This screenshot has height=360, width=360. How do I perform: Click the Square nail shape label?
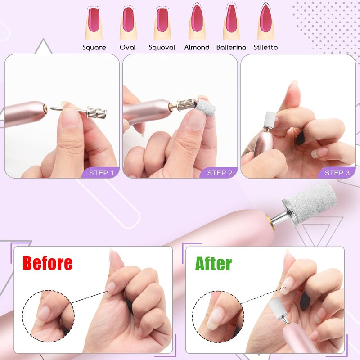(x=94, y=48)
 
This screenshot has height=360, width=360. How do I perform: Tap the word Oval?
(x=128, y=48)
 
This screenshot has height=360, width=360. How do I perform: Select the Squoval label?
(x=162, y=48)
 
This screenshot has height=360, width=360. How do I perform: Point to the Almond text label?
(x=197, y=48)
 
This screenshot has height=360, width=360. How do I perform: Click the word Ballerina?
(x=231, y=48)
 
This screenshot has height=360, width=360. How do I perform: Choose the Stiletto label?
(x=265, y=48)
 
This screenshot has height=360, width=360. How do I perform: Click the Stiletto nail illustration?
(x=266, y=22)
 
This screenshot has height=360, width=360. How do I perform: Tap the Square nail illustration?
(x=94, y=23)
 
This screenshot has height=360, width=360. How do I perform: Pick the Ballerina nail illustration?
(x=231, y=22)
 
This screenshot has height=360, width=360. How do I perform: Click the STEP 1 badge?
(x=101, y=173)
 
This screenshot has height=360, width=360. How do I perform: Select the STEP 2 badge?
(x=219, y=173)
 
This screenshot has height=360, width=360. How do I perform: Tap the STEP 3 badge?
(x=337, y=173)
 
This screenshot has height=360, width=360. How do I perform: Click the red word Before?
(x=48, y=263)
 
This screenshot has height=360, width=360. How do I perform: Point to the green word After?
(x=213, y=264)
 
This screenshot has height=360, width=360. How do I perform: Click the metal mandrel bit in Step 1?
(x=79, y=110)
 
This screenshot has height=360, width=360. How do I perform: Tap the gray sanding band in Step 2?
(x=206, y=108)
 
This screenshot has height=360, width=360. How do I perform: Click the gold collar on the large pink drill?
(x=269, y=221)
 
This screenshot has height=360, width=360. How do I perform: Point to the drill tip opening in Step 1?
(x=45, y=107)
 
